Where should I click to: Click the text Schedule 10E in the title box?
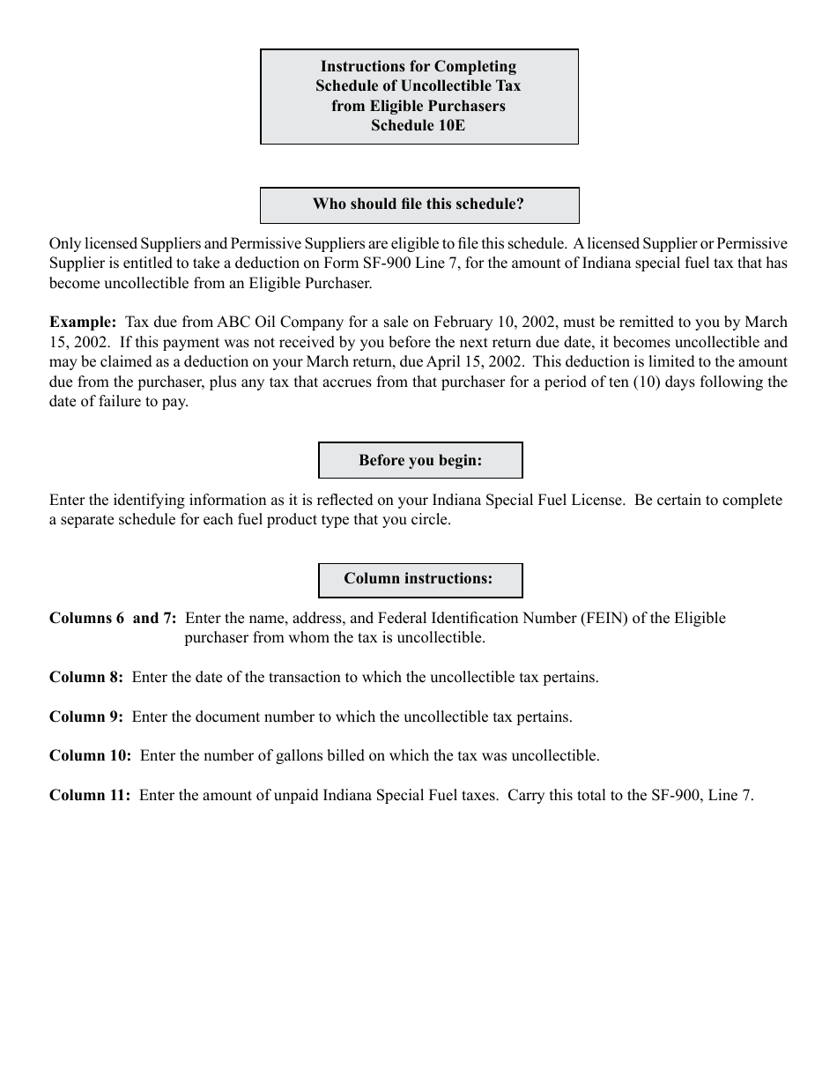[418, 125]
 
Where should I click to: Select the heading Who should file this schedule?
[418, 204]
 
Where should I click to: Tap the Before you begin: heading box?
[420, 460]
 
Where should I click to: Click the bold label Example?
[83, 323]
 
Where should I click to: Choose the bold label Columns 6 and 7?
[113, 619]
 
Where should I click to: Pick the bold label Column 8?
[86, 678]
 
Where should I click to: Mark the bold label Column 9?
[86, 717]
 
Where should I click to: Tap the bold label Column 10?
[90, 756]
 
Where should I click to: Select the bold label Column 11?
[90, 796]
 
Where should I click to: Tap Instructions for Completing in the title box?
[418, 67]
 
